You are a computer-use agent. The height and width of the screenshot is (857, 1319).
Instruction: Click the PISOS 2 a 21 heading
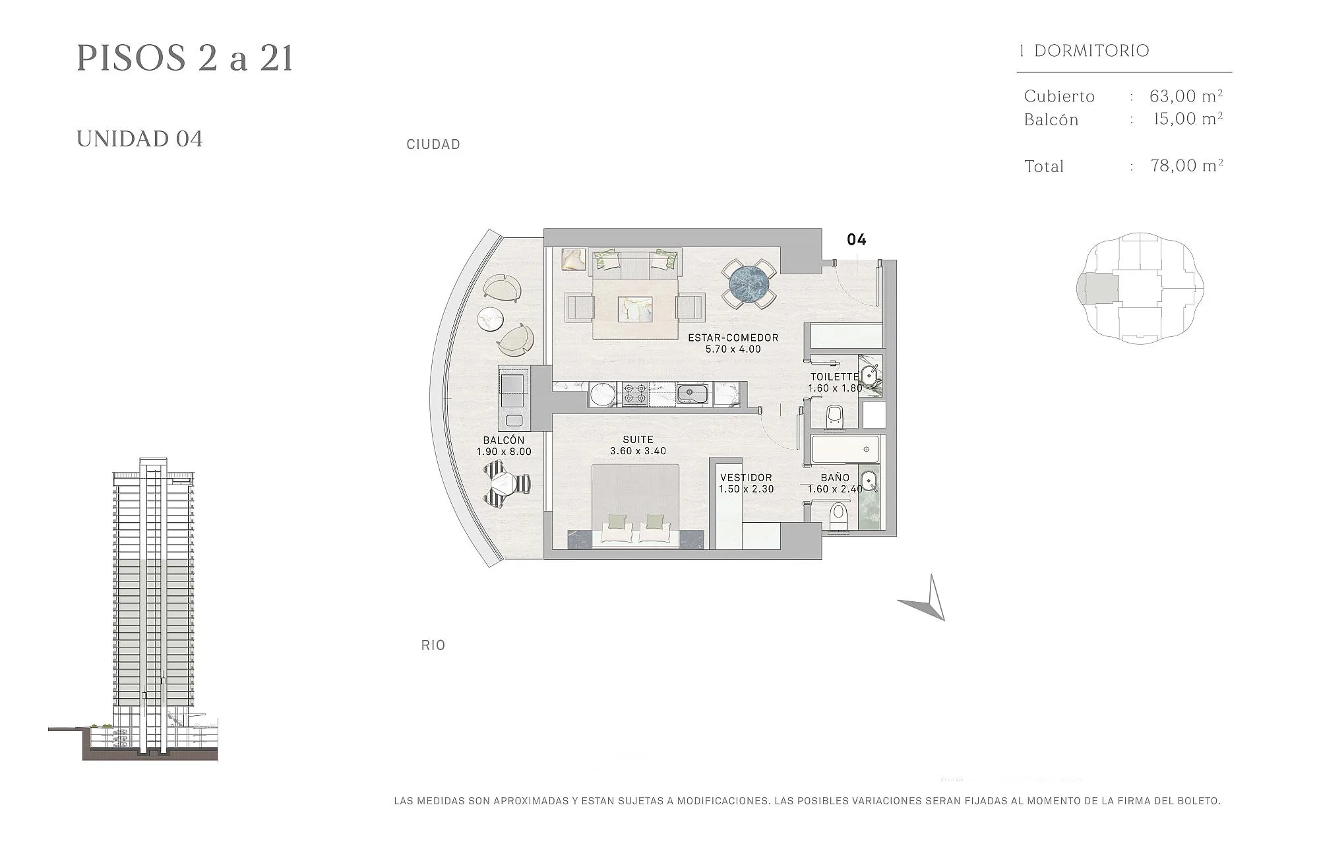pos(185,58)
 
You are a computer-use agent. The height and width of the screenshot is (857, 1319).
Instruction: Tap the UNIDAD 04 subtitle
pos(140,139)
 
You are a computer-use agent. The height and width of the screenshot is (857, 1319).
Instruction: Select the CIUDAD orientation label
pos(433,144)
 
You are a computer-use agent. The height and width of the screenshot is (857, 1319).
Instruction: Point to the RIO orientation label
pos(433,645)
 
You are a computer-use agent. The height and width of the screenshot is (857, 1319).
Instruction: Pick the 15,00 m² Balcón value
pos(1188,119)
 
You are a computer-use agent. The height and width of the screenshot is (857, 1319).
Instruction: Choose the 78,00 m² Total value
pos(1187,165)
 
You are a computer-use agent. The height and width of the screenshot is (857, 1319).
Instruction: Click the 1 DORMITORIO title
pos(1084,51)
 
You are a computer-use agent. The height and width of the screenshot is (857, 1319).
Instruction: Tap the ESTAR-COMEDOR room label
pos(733,338)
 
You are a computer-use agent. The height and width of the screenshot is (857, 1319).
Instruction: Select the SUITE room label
pos(638,440)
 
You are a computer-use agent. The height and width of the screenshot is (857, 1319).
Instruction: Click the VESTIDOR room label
pos(746,477)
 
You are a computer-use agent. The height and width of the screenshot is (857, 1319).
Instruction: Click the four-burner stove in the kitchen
pos(635,394)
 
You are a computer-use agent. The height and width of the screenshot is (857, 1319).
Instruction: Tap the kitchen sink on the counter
pos(692,394)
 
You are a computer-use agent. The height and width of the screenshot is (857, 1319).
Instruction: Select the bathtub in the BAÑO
pos(845,449)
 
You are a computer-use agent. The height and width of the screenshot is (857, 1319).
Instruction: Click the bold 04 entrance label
pos(856,239)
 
